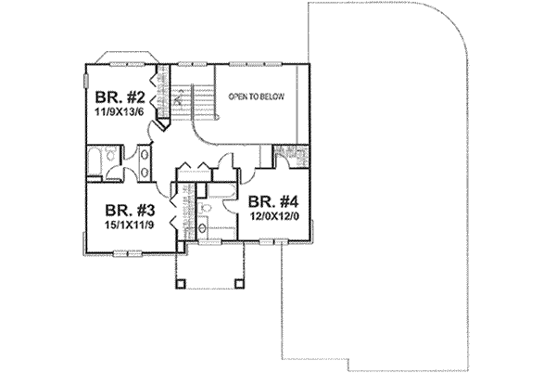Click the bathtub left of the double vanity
[x=96, y=163]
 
